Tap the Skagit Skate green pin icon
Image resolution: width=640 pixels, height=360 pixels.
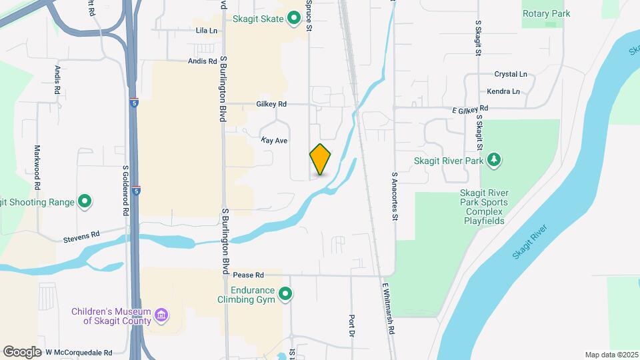pos(293,19)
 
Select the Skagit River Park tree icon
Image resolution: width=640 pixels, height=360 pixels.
pos(493,160)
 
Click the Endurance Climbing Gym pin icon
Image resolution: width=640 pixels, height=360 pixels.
pos(285,294)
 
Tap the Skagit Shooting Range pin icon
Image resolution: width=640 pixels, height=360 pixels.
pos(85,201)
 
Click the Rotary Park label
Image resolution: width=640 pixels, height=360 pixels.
pos(546,13)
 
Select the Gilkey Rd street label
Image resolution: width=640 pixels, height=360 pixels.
pos(271,104)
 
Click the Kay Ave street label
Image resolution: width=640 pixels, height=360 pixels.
pos(274,141)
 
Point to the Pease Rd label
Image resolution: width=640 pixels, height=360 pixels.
pos(249,275)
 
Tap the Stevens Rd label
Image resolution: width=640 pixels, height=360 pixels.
pos(81,236)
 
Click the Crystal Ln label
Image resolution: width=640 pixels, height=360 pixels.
pos(511,75)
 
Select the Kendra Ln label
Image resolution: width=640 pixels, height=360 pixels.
pos(503,91)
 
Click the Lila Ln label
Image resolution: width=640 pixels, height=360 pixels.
pos(207,31)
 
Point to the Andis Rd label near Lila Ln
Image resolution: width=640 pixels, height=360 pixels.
pos(203,61)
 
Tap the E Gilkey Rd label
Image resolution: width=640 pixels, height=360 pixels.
pos(470,108)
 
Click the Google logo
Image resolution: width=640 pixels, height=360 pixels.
pos(22,352)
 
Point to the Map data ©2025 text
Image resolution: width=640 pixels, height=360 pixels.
pos(611,355)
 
